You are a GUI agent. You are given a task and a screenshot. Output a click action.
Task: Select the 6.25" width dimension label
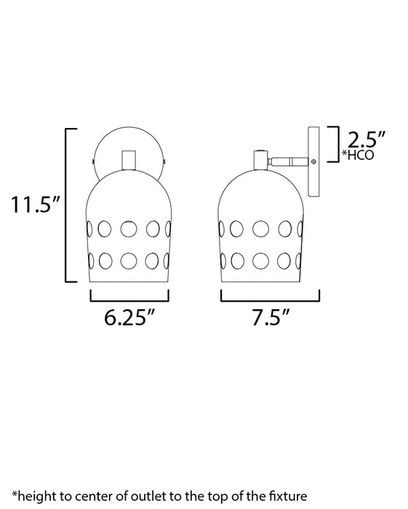pos(129,318)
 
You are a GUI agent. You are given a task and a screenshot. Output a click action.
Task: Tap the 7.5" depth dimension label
pos(270,318)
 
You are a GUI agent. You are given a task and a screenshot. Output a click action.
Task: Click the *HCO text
pos(359,156)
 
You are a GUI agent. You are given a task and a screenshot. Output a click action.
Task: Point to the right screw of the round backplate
pos(165,161)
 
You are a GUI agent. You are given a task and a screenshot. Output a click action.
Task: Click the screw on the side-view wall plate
pos(314,161)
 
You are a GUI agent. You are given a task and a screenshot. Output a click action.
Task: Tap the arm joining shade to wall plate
pos(288,161)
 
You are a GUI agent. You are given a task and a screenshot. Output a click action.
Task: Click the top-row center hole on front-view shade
pos(129,228)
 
